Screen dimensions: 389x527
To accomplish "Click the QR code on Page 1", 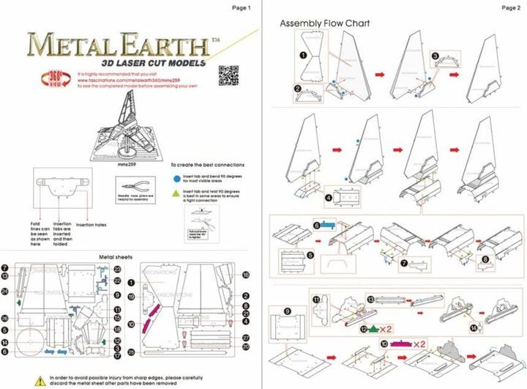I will (x=228, y=75).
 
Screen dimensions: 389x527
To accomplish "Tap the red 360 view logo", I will (x=55, y=78).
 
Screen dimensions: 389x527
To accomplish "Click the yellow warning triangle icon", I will (x=39, y=379).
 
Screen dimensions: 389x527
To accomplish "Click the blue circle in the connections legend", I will (x=176, y=177).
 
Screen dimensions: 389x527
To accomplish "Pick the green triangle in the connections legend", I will (x=176, y=192).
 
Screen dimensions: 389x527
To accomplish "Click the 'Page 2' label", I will (x=510, y=7).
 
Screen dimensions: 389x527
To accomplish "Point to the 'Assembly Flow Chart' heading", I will (x=324, y=23).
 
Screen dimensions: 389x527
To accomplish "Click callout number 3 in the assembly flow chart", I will (x=435, y=56).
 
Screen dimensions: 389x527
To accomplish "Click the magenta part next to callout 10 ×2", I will (x=402, y=344).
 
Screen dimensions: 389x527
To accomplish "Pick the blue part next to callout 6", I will (x=327, y=226).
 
